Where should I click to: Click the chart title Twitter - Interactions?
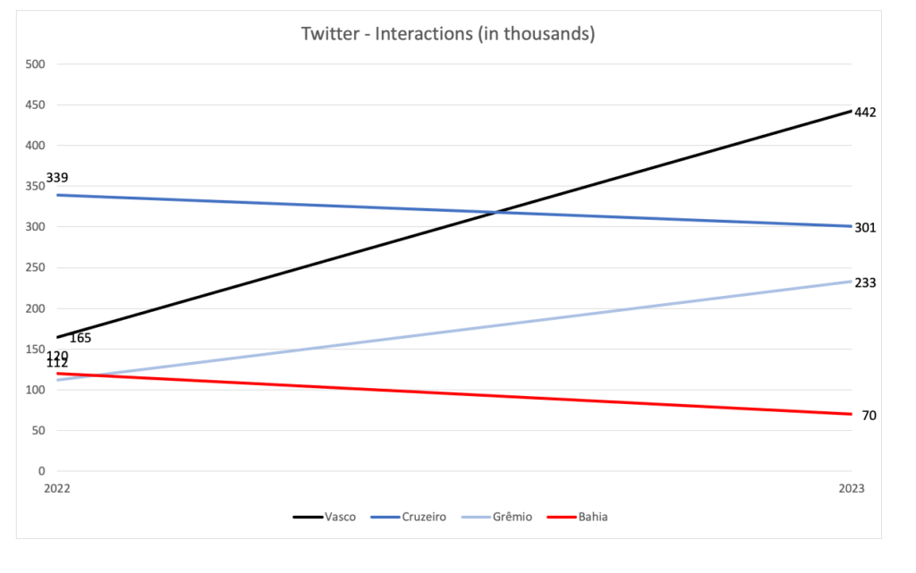coord(448,34)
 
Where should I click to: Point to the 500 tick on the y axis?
coord(37,64)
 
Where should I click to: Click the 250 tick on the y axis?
coord(37,267)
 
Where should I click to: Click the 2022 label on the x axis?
coord(56,489)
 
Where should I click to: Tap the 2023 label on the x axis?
coord(851,489)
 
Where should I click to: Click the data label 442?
coord(865,113)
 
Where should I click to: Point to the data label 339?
coord(57,178)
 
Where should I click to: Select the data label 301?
coord(865,228)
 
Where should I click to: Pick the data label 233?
coord(865,283)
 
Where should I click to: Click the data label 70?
coord(869,416)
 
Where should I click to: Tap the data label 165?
coord(81,339)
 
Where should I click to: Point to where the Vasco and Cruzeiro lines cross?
coord(496,212)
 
